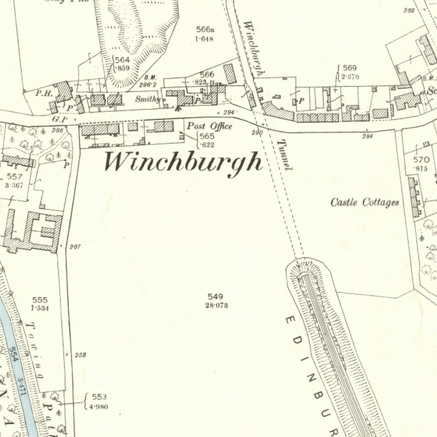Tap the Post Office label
209,126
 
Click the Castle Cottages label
365,202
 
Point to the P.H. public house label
44,93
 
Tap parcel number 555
40,300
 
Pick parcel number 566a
206,31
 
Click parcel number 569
350,68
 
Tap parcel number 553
99,397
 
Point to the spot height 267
75,247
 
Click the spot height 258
80,355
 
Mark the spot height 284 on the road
367,136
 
